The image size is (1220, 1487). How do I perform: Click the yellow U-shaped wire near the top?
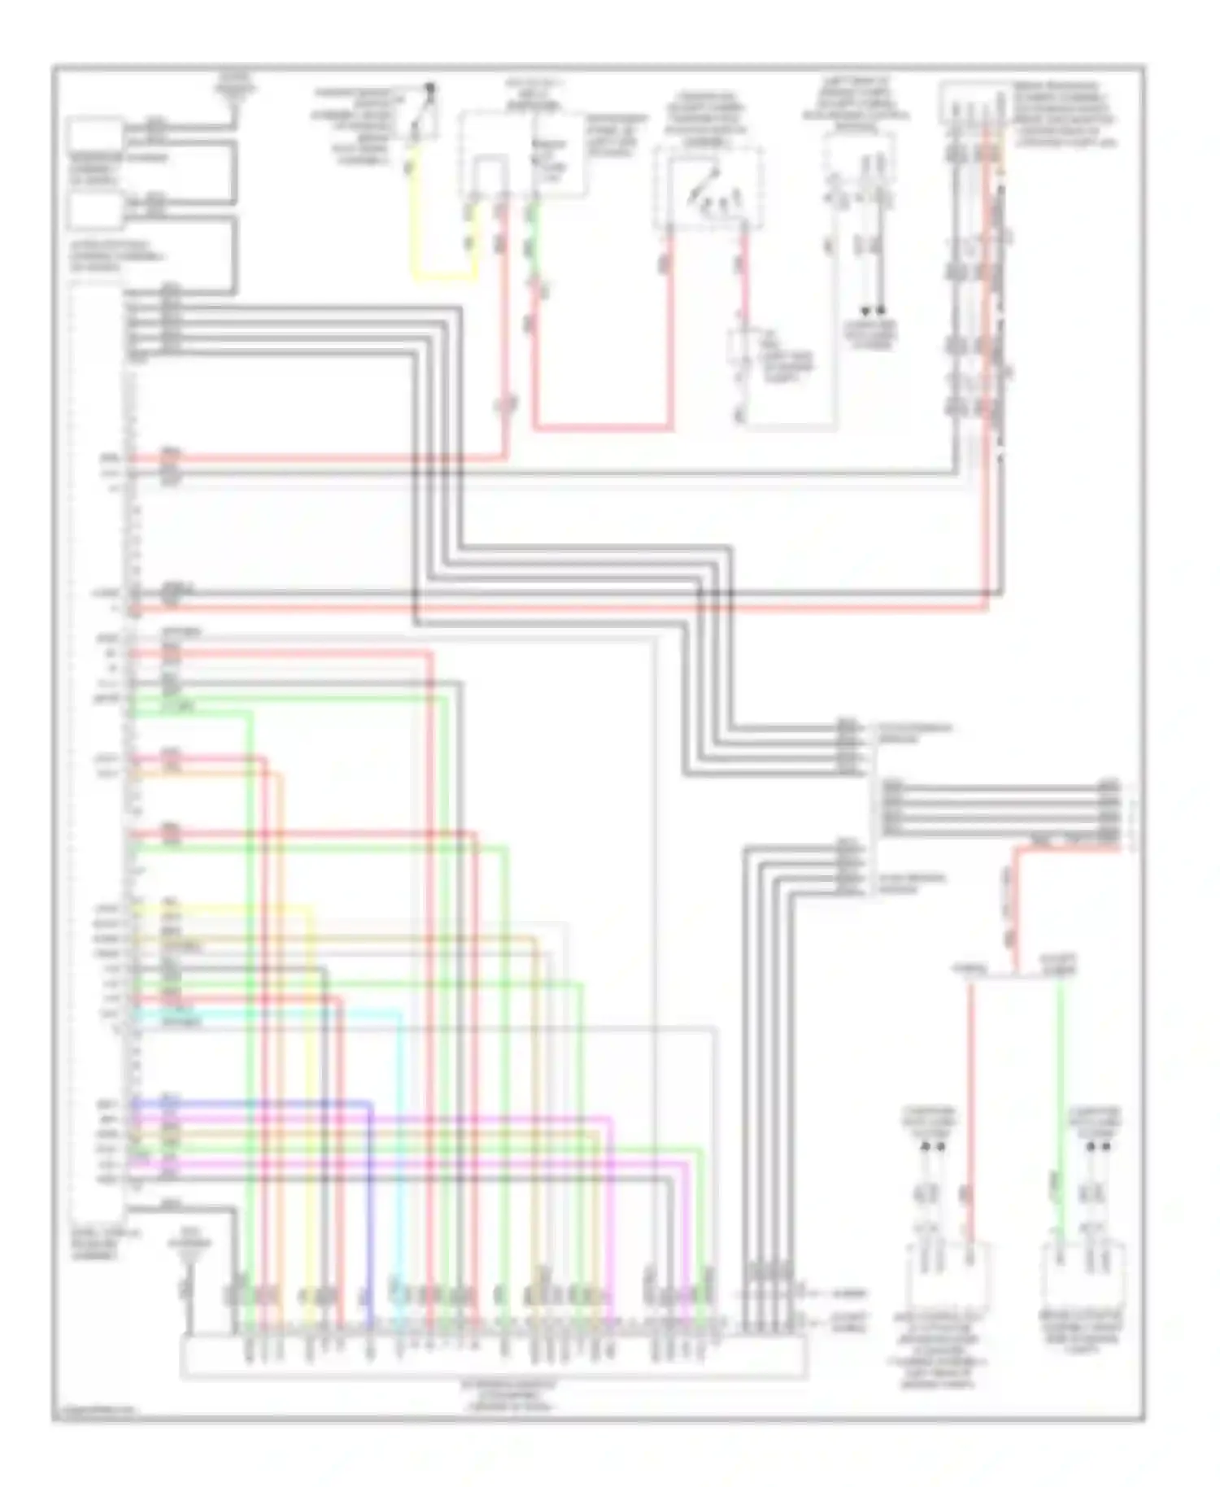click(x=443, y=278)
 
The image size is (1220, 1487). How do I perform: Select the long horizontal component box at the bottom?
click(x=494, y=1358)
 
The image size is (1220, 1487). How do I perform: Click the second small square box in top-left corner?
click(x=96, y=210)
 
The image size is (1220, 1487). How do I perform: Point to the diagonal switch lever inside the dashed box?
click(x=704, y=184)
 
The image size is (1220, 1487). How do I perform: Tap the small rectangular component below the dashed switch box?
click(x=742, y=350)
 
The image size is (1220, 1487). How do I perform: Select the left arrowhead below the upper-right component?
click(x=865, y=311)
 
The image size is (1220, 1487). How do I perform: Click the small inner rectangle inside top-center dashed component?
click(x=489, y=177)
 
